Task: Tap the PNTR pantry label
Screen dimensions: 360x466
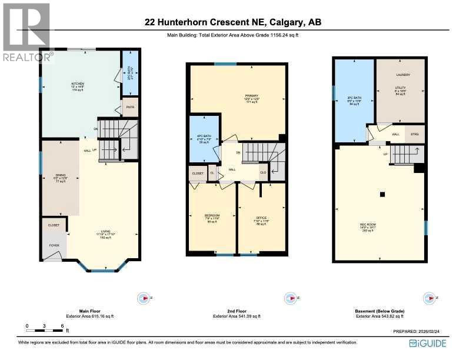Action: (129, 107)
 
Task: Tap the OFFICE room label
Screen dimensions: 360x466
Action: (261, 218)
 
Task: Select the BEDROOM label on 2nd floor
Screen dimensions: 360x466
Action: (212, 216)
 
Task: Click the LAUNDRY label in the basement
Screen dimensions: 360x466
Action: (403, 75)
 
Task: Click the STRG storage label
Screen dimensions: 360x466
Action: (414, 134)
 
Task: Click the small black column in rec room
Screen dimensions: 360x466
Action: (382, 194)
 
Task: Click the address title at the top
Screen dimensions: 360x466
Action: (234, 23)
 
